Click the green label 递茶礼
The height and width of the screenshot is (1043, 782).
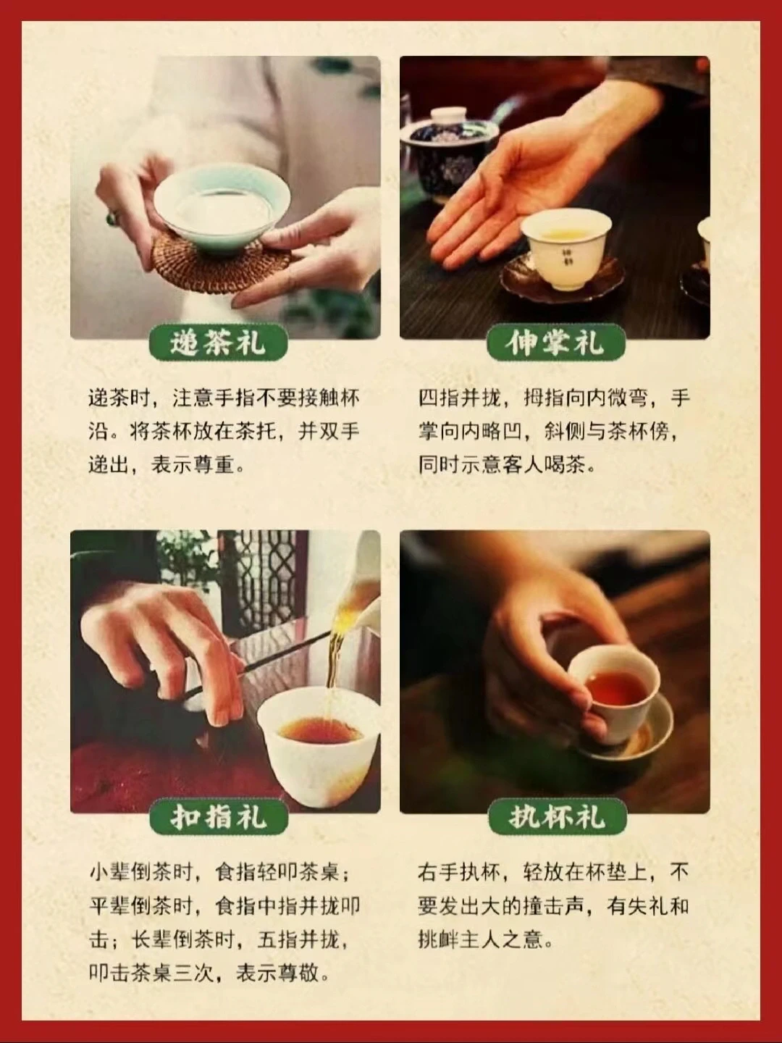pyautogui.click(x=219, y=342)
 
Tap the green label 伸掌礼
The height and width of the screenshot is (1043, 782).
pyautogui.click(x=556, y=342)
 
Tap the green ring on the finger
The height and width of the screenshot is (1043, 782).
pyautogui.click(x=112, y=218)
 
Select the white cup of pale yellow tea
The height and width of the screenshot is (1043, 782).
pyautogui.click(x=564, y=249)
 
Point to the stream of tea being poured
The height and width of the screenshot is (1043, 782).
pyautogui.click(x=337, y=651)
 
